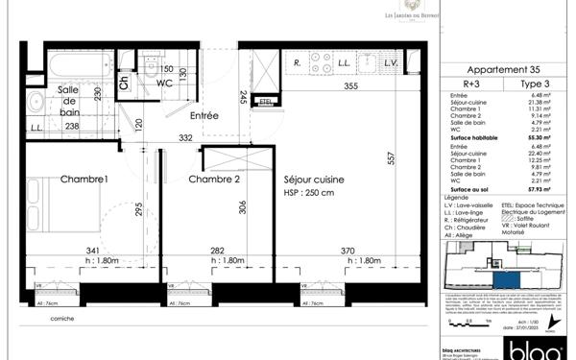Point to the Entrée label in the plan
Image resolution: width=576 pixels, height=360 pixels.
(x=204, y=116)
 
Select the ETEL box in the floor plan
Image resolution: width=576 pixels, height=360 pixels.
(x=268, y=99)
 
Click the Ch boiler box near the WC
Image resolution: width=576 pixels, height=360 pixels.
(x=124, y=81)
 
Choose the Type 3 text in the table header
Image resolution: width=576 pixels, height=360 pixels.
(x=534, y=84)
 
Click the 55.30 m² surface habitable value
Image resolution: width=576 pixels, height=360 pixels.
(x=542, y=139)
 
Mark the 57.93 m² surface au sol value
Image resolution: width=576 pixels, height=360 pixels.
(x=542, y=193)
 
